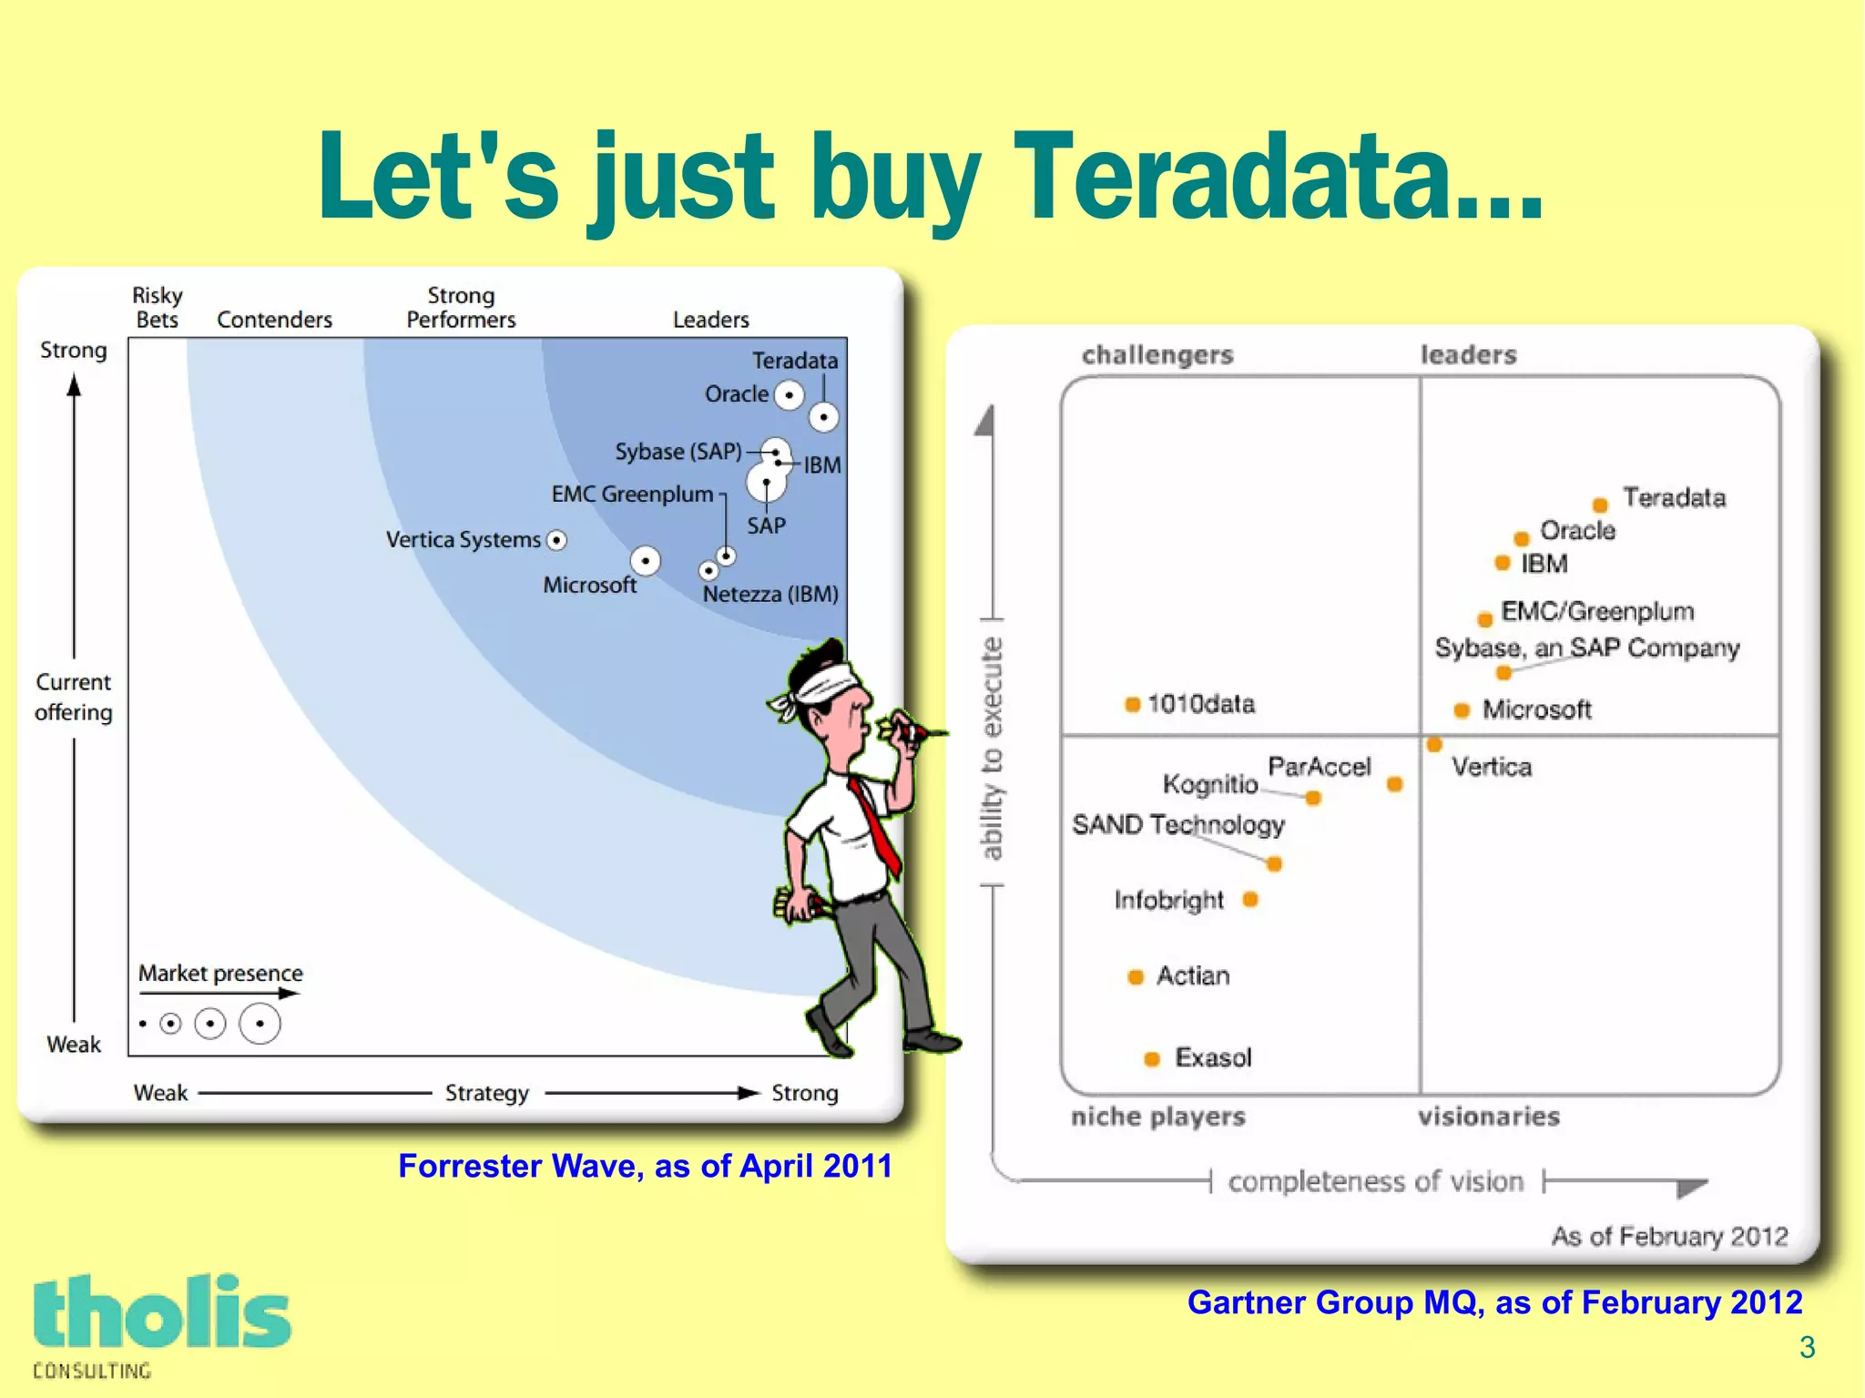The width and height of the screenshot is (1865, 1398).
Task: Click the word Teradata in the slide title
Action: (x=1275, y=178)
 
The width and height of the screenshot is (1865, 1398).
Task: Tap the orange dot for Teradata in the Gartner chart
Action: (x=1600, y=505)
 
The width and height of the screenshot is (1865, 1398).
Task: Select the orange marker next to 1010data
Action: (x=1133, y=704)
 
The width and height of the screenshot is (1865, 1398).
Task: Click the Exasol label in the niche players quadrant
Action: (x=1213, y=1057)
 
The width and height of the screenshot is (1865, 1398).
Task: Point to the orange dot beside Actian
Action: (x=1136, y=977)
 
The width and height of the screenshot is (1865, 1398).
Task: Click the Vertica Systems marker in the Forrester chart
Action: (x=556, y=540)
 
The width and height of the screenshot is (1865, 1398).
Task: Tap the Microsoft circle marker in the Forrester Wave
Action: (x=646, y=560)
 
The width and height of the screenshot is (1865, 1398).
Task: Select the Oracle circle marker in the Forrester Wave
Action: (x=789, y=395)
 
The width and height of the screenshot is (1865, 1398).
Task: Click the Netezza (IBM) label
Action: (x=770, y=594)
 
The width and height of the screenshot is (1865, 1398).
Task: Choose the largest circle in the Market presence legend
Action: (x=260, y=1024)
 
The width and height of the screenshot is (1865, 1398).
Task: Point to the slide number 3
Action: (x=1808, y=1347)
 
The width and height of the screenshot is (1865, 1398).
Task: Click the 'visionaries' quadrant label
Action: (x=1488, y=1117)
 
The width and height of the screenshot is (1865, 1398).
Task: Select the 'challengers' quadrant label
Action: (x=1157, y=354)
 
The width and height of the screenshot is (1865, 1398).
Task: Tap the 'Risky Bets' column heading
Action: (x=158, y=308)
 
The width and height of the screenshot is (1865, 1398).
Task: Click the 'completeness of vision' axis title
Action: (x=1375, y=1181)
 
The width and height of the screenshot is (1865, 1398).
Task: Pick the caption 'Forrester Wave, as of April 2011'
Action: (x=645, y=1166)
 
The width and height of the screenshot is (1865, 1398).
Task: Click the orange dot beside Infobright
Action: (x=1250, y=900)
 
